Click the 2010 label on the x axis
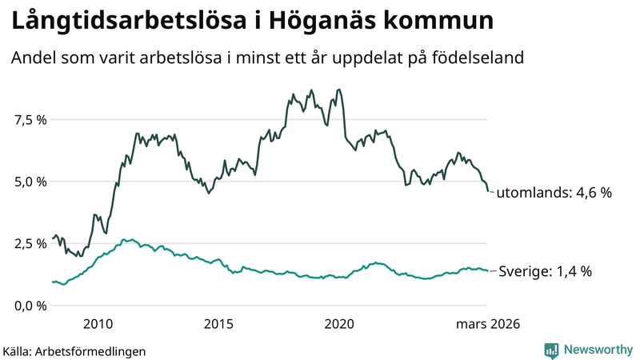[x=97, y=324]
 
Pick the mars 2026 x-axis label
[x=488, y=324]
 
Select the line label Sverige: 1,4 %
[x=545, y=271]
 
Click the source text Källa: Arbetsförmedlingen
[x=74, y=350]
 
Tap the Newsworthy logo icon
[x=551, y=350]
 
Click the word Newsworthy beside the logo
[x=598, y=350]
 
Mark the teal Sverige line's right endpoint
[x=488, y=270]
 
